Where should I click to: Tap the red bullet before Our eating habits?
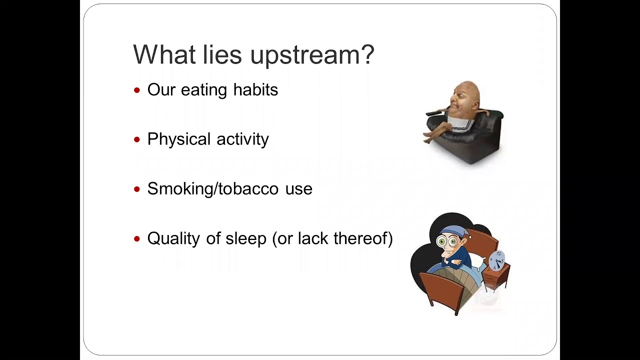point(137,90)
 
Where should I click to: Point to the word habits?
point(255,90)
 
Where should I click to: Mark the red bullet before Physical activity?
point(137,140)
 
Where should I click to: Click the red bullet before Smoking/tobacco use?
point(137,189)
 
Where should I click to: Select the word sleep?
point(245,239)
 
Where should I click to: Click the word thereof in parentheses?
point(362,238)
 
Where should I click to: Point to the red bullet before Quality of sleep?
point(137,239)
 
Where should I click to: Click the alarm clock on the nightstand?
point(496,260)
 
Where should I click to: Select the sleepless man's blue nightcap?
point(452,231)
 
